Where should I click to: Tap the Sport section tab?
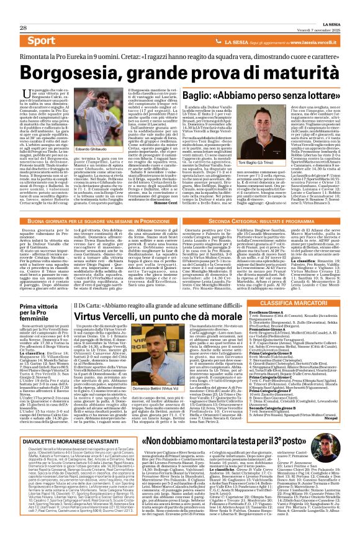pyautogui.click(x=41, y=41)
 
